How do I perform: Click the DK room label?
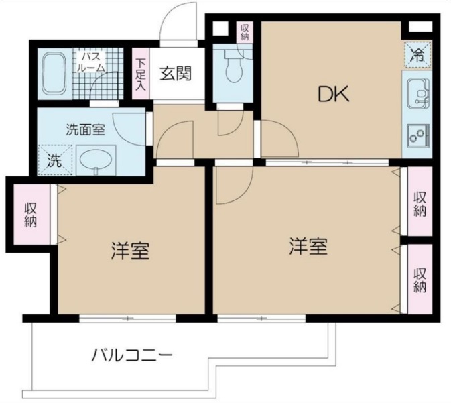[334, 95]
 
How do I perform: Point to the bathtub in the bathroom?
[54, 74]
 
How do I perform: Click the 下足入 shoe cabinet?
[141, 73]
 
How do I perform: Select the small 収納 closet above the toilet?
[245, 32]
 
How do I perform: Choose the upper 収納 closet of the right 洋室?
[420, 203]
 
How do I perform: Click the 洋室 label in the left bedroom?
[130, 251]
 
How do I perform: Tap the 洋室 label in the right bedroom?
[308, 247]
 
